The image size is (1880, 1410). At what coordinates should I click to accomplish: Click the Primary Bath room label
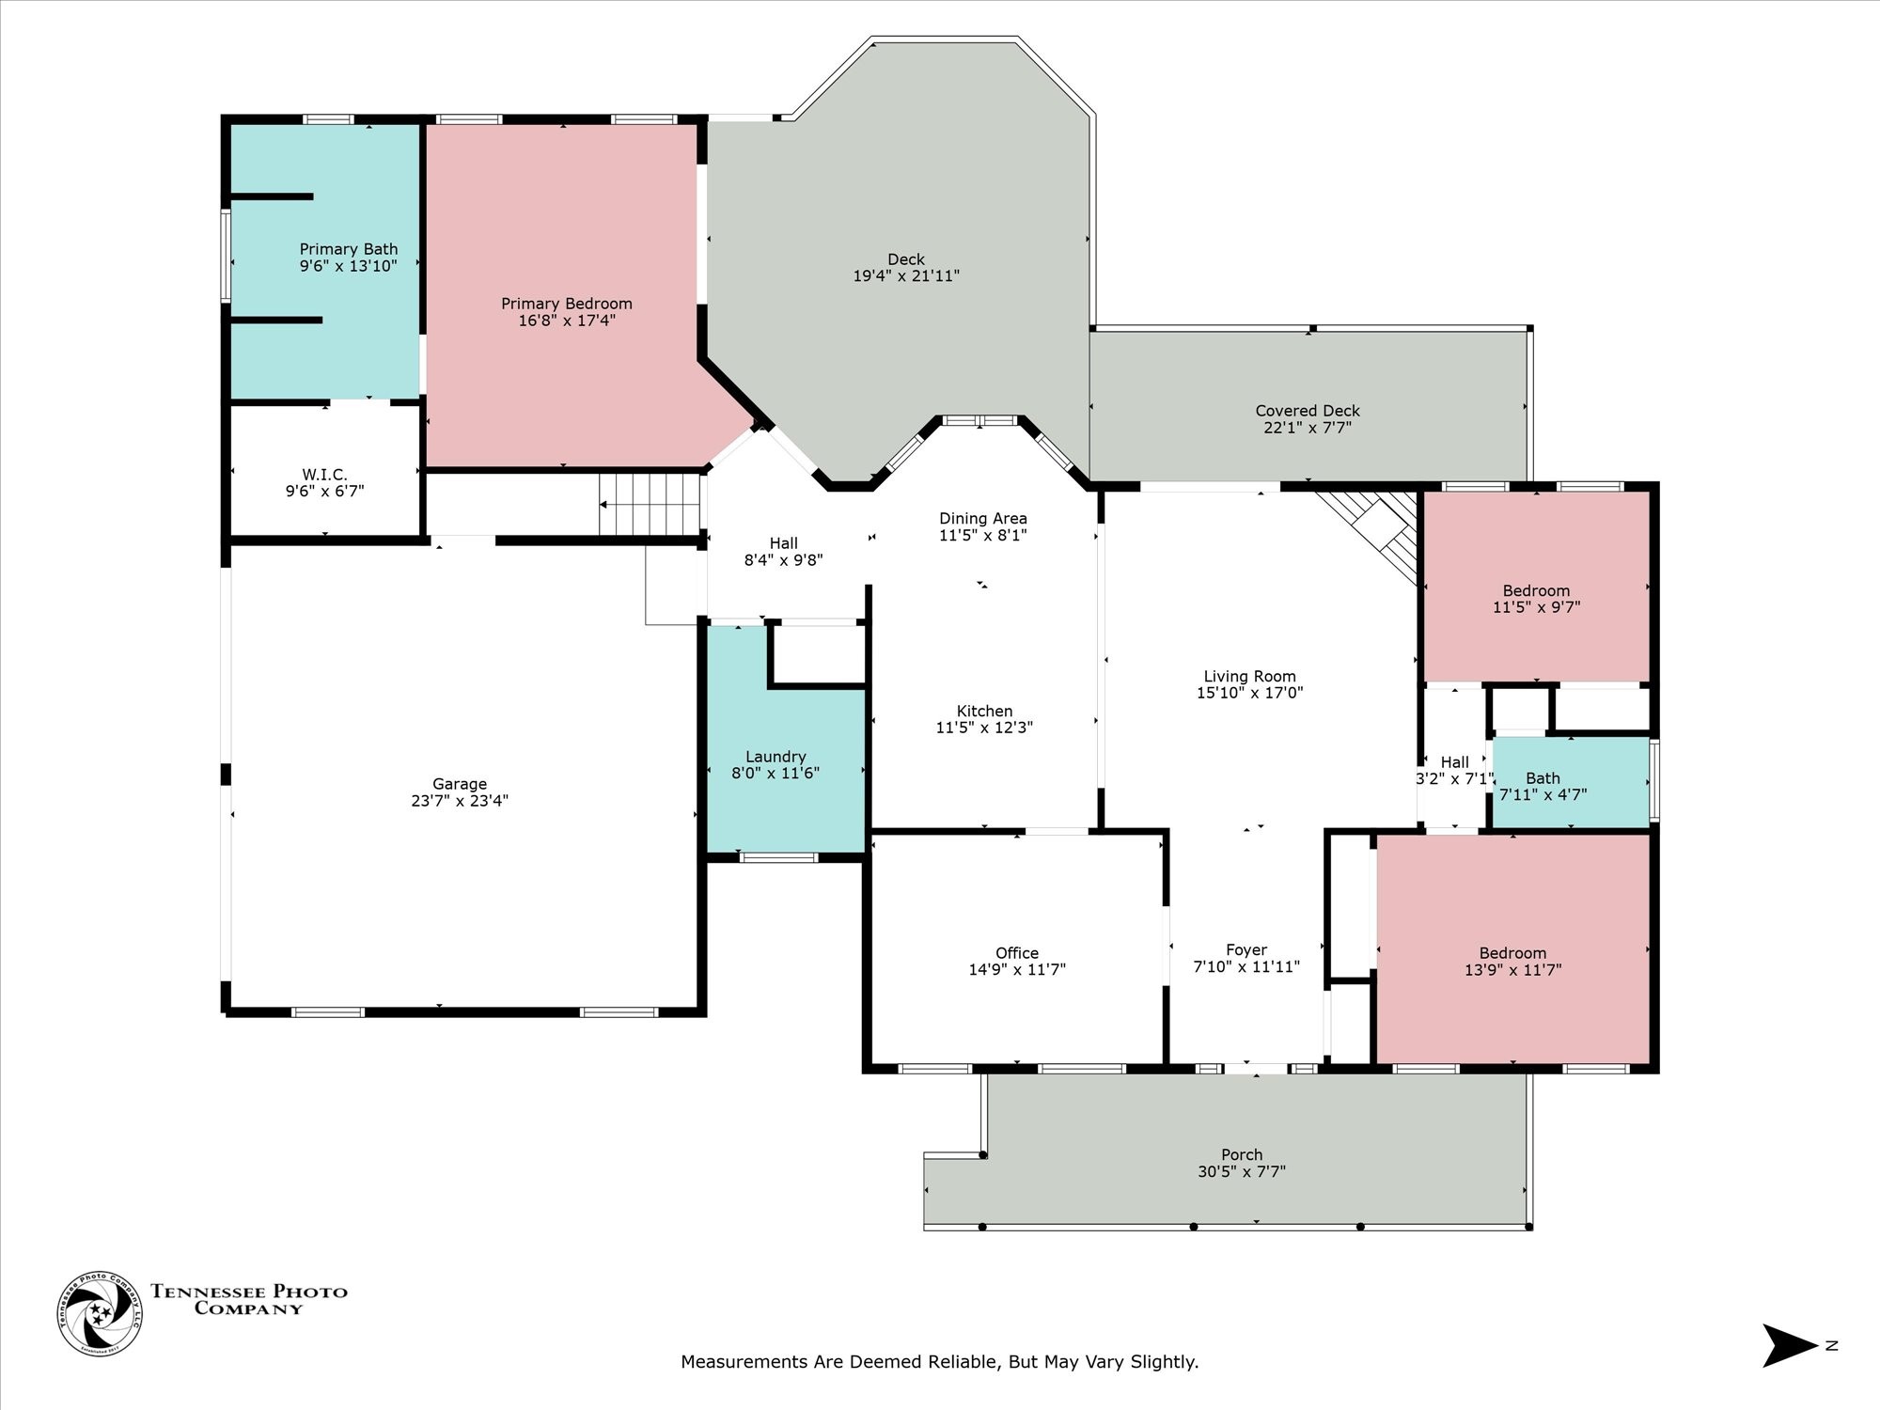(348, 249)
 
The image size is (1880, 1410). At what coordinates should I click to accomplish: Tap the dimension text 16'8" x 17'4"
(566, 321)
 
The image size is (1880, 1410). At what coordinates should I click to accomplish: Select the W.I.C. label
(324, 475)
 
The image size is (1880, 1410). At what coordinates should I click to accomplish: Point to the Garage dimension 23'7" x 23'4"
(459, 801)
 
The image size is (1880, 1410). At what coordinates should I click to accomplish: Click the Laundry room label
(775, 757)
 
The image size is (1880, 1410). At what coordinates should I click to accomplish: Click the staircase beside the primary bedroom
(650, 504)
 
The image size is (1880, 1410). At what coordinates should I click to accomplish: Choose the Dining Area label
(982, 519)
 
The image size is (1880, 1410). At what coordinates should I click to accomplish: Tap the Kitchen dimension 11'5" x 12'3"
(983, 728)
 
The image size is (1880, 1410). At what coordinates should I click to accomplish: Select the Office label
(1016, 953)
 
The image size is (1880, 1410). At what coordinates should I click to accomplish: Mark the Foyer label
(1245, 950)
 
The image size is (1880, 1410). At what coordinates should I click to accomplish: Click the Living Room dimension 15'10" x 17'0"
(1249, 693)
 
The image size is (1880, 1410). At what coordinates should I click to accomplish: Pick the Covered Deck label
(1307, 411)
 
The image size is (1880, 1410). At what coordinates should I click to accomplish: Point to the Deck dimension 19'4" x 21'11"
(905, 276)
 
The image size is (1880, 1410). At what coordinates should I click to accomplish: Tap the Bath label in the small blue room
(1543, 778)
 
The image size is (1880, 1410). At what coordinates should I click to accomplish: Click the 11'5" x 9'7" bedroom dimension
(1536, 607)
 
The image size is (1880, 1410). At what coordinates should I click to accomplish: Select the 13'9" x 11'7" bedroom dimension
(1512, 970)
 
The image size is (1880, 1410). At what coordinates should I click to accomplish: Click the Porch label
(1241, 1155)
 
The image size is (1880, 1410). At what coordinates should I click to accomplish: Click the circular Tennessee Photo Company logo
(100, 1313)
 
